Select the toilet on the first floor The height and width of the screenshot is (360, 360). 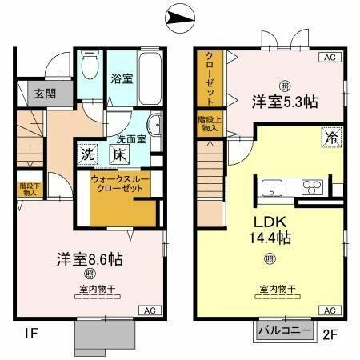pos(88,63)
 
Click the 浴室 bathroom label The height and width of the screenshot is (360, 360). pos(122,81)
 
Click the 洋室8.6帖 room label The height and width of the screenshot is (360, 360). pos(88,260)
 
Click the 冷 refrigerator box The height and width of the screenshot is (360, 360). pos(330,137)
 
